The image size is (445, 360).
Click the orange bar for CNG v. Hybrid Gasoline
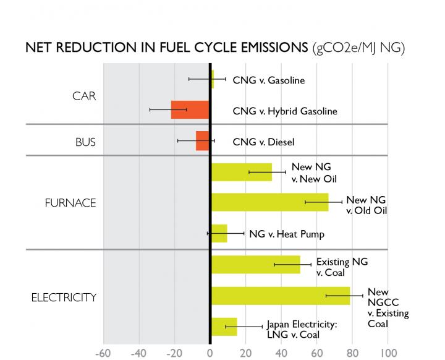click(190, 109)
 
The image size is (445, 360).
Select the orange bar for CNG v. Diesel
click(203, 140)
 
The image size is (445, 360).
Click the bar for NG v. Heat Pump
click(219, 233)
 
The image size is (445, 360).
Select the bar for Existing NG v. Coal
click(255, 264)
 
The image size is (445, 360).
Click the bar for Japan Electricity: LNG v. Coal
click(224, 326)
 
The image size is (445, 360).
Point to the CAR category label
click(84, 96)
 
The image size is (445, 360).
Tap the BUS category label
click(84, 142)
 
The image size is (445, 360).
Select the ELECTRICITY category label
click(64, 298)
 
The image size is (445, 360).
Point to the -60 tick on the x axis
click(103, 354)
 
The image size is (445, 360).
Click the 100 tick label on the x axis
click(388, 354)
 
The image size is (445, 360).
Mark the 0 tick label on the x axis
click(210, 354)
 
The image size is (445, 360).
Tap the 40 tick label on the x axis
click(281, 354)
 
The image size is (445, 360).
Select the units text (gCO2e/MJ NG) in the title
click(359, 49)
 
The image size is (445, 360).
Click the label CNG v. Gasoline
click(268, 80)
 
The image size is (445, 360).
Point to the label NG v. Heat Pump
click(286, 234)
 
